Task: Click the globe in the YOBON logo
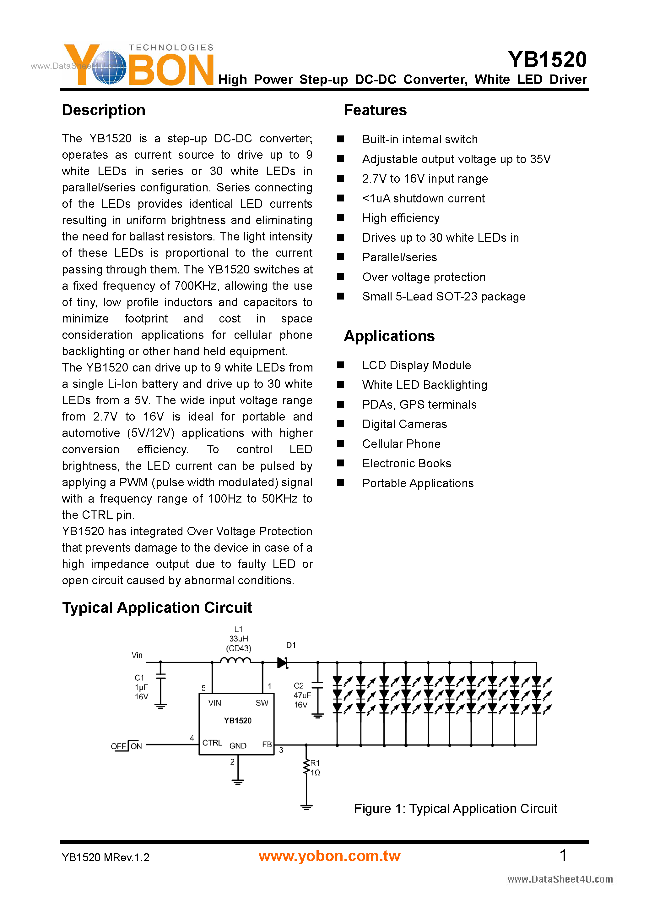(x=109, y=67)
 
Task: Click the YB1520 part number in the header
(x=547, y=60)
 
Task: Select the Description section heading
(x=104, y=110)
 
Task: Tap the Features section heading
(x=375, y=110)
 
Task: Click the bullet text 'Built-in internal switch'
(x=419, y=139)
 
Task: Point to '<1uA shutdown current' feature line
(x=423, y=198)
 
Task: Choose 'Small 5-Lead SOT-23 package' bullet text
(x=443, y=297)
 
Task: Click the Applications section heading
(x=389, y=336)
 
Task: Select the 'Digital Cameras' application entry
(x=404, y=424)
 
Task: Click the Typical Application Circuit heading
(x=157, y=608)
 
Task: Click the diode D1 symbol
(x=283, y=663)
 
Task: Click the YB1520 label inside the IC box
(x=237, y=720)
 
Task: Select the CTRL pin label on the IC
(x=212, y=743)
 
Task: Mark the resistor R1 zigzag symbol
(x=306, y=767)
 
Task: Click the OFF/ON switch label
(x=126, y=746)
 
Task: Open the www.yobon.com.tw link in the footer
(x=329, y=856)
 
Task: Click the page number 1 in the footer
(x=563, y=856)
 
